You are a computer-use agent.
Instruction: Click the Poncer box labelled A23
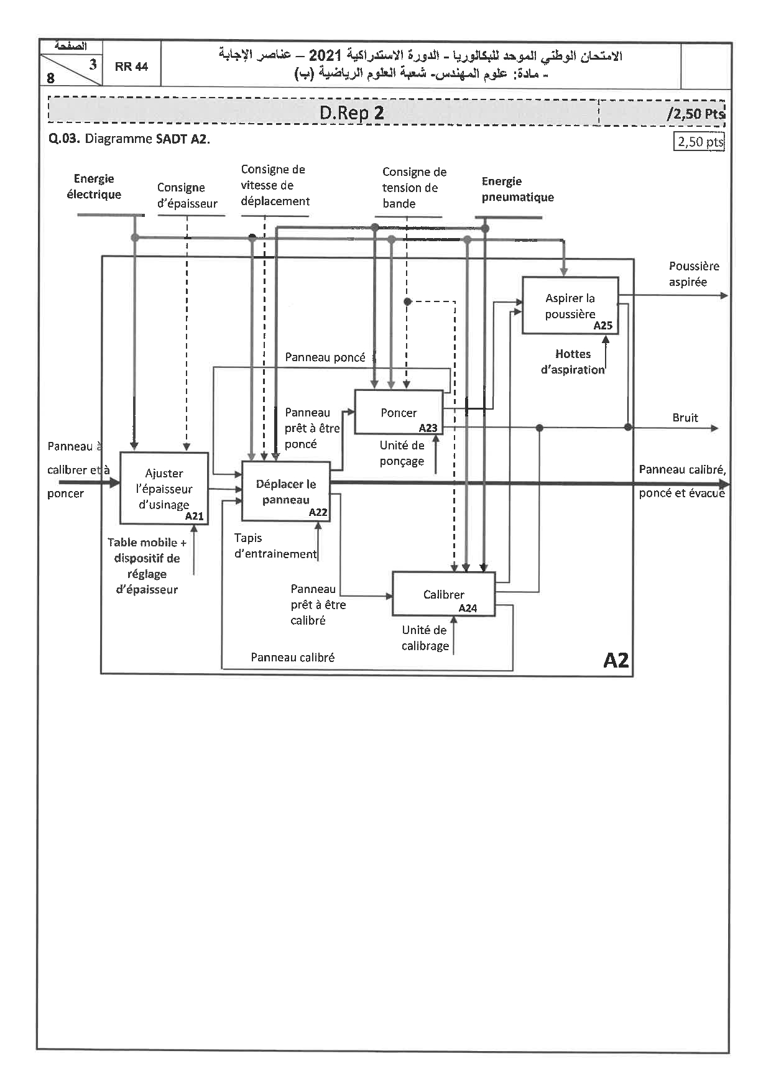[x=399, y=412]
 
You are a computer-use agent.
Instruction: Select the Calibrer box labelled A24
[x=443, y=594]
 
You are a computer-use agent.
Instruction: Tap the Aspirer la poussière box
[x=570, y=306]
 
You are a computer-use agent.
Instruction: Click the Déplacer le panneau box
[x=286, y=492]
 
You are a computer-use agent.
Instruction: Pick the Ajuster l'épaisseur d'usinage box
[x=164, y=489]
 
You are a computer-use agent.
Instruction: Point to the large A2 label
[x=616, y=660]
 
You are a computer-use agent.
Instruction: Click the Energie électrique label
[x=94, y=186]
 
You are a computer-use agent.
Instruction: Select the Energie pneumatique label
[x=517, y=190]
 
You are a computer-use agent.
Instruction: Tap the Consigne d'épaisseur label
[x=187, y=195]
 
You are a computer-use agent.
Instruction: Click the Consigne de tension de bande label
[x=413, y=188]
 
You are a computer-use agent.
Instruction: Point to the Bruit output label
[x=685, y=418]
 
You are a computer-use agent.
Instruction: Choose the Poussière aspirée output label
[x=693, y=274]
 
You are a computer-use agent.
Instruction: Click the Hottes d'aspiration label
[x=573, y=362]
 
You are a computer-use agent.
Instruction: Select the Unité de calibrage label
[x=425, y=638]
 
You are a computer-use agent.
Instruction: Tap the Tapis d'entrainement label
[x=275, y=546]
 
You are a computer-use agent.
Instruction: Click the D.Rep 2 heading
[x=351, y=113]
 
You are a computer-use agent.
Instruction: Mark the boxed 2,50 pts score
[x=700, y=142]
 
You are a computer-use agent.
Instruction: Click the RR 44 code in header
[x=131, y=67]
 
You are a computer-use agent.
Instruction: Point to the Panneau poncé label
[x=325, y=357]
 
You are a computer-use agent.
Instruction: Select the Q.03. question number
[x=64, y=139]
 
